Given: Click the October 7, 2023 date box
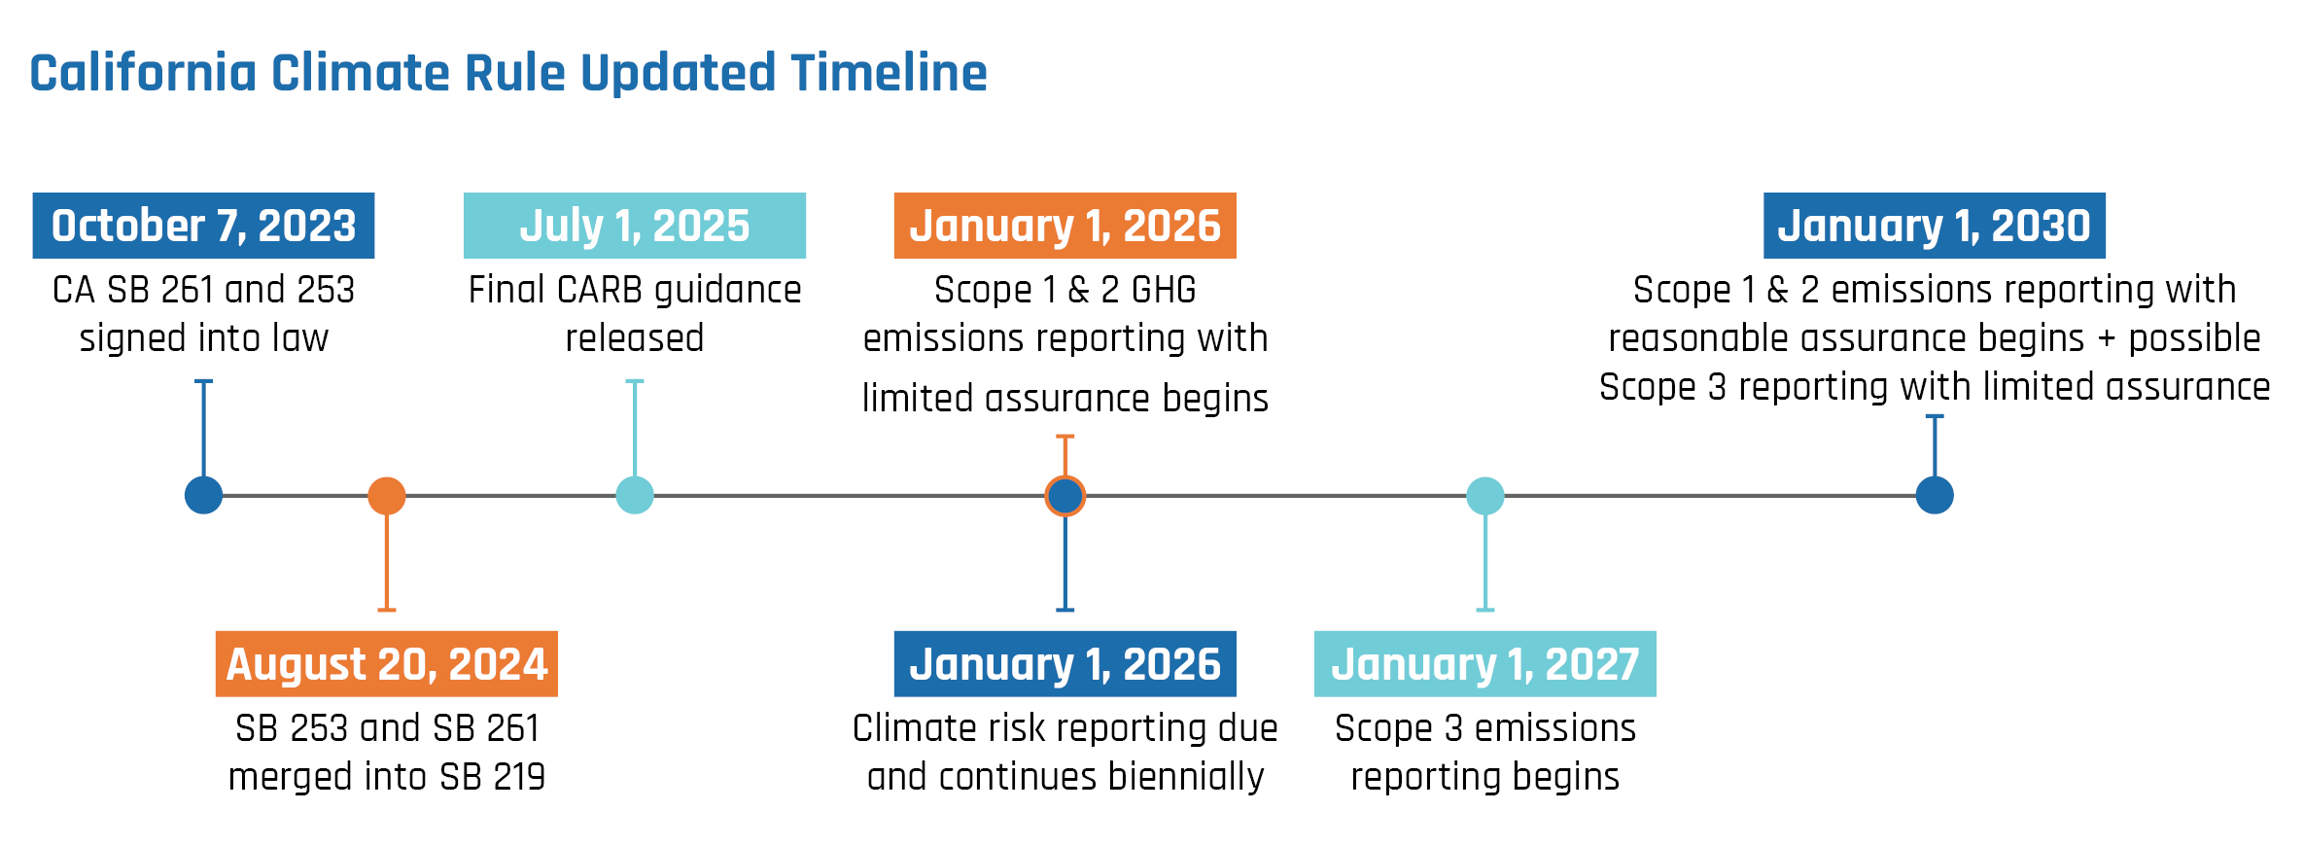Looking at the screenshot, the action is pyautogui.click(x=203, y=226).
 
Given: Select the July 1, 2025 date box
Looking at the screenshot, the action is pyautogui.click(x=635, y=226).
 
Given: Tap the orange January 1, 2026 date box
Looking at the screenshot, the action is pyautogui.click(x=1065, y=226).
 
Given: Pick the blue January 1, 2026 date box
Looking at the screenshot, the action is pyautogui.click(x=1065, y=664).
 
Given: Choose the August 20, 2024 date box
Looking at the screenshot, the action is pyautogui.click(x=387, y=664).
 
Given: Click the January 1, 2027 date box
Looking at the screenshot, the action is pyautogui.click(x=1485, y=664).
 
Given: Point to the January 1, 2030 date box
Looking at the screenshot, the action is pyautogui.click(x=1935, y=226).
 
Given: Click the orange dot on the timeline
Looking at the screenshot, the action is pyautogui.click(x=387, y=496).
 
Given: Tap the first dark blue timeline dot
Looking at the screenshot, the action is pyautogui.click(x=204, y=496).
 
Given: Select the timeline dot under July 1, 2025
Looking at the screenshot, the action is pyautogui.click(x=635, y=496).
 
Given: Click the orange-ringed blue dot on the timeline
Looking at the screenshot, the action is pyautogui.click(x=1065, y=496).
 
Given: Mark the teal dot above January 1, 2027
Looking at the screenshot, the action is pyautogui.click(x=1485, y=496).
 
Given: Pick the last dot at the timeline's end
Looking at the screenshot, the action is pyautogui.click(x=1935, y=496).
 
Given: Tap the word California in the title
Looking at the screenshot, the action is pyautogui.click(x=143, y=73).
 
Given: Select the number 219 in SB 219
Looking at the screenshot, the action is pyautogui.click(x=519, y=777).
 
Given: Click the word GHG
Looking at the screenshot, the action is pyautogui.click(x=1164, y=290).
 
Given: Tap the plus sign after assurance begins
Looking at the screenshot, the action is pyautogui.click(x=2107, y=339).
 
